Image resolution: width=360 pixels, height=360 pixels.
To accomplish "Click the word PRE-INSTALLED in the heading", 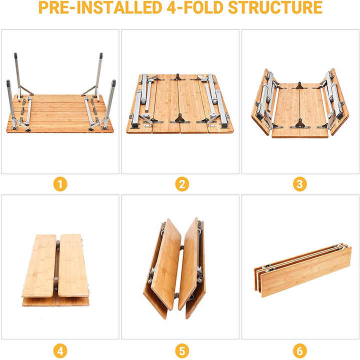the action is pyautogui.click(x=100, y=7).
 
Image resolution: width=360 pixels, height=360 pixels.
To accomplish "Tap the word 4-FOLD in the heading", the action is pyautogui.click(x=195, y=7).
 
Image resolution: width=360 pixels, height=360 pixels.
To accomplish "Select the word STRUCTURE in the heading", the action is pyautogui.click(x=275, y=7).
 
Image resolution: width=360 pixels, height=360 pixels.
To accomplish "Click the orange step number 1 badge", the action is pyautogui.click(x=60, y=184).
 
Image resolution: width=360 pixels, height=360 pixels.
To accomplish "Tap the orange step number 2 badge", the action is pyautogui.click(x=182, y=184).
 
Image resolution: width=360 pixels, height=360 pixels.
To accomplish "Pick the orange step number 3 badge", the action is pyautogui.click(x=300, y=184).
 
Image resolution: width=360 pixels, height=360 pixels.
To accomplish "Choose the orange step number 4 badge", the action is pyautogui.click(x=60, y=351).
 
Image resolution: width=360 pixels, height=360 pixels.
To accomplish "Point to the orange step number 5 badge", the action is pyautogui.click(x=182, y=351).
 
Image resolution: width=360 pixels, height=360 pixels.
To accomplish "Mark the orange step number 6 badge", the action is pyautogui.click(x=300, y=351).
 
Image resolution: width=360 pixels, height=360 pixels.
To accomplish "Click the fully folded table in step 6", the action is pyautogui.click(x=303, y=271).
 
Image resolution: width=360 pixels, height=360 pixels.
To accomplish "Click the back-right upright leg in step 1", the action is pyautogui.click(x=98, y=76).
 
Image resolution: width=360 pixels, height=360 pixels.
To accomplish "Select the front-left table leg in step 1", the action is pyautogui.click(x=10, y=103).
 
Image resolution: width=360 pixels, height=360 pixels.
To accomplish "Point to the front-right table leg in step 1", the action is pyautogui.click(x=109, y=103).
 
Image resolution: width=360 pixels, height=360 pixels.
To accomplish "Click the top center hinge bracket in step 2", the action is pyautogui.click(x=177, y=77).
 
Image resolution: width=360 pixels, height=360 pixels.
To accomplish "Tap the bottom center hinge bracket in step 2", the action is pyautogui.click(x=180, y=118).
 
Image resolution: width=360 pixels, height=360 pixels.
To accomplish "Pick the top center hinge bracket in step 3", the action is pyautogui.click(x=299, y=85).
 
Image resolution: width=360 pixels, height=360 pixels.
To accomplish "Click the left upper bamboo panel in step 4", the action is pyautogui.click(x=39, y=265).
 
